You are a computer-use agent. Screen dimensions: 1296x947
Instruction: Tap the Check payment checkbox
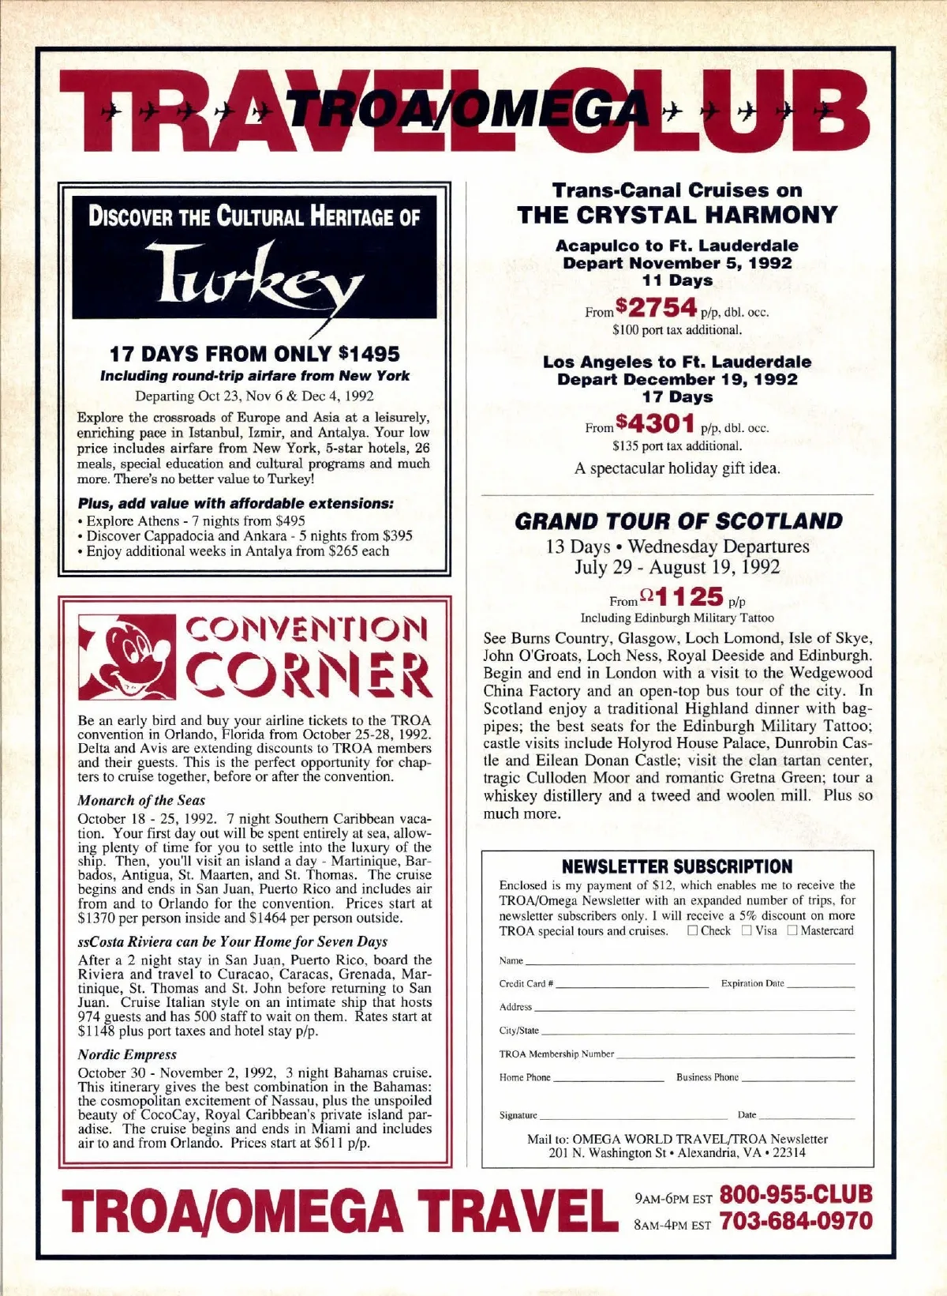pyautogui.click(x=693, y=930)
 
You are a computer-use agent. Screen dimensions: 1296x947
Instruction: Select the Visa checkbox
pyautogui.click(x=747, y=930)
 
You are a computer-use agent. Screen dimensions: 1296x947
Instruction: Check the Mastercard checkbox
pyautogui.click(x=792, y=930)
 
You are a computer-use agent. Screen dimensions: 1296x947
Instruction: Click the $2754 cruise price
pyautogui.click(x=657, y=307)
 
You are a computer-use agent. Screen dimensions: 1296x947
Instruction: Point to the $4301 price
pyautogui.click(x=657, y=424)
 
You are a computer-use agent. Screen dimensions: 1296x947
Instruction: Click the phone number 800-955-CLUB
pyautogui.click(x=795, y=1194)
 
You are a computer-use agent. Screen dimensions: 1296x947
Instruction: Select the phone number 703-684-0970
pyautogui.click(x=795, y=1221)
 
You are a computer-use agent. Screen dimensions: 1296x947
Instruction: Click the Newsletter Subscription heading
pyautogui.click(x=677, y=866)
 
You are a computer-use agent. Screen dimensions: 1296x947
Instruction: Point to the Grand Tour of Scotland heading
pyautogui.click(x=678, y=521)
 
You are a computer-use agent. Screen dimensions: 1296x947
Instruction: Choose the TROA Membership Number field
pyautogui.click(x=734, y=1054)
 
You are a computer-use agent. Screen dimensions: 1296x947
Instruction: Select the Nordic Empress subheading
pyautogui.click(x=127, y=1054)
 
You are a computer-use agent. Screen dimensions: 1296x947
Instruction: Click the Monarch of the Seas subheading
pyautogui.click(x=141, y=800)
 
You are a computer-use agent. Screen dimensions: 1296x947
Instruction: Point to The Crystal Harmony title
pyautogui.click(x=677, y=215)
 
